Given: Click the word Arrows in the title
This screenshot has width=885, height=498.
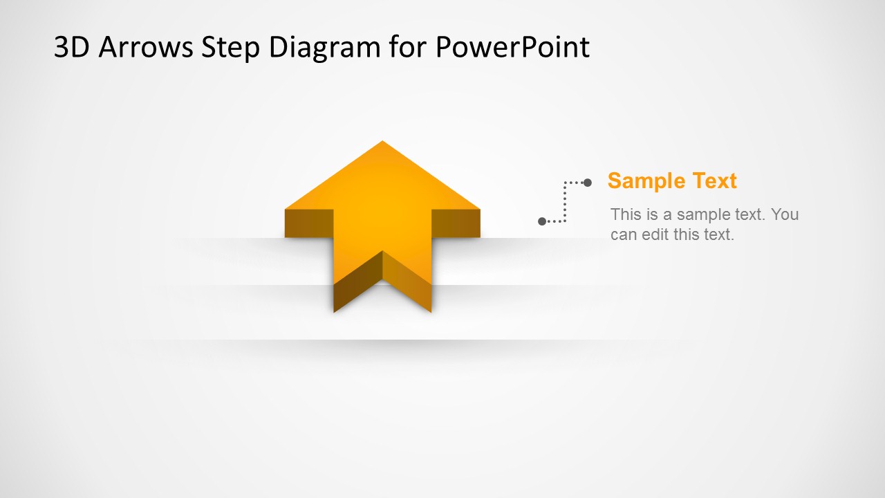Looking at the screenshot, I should point(145,47).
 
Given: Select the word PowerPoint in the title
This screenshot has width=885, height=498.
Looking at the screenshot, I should point(512,47).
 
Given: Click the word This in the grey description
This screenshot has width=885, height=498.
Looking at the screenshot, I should point(626,214).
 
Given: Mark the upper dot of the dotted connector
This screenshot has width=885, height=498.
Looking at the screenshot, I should point(588,183).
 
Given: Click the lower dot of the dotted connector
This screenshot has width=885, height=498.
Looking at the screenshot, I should point(542,221).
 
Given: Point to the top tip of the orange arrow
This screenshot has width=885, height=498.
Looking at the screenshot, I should point(382,142).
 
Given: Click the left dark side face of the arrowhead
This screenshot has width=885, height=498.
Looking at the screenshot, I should point(309,223).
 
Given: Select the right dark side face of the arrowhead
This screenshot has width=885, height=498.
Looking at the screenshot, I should point(456,223).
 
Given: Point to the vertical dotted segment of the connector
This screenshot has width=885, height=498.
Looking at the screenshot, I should point(565,202).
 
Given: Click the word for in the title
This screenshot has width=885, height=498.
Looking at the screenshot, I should point(408,47).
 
